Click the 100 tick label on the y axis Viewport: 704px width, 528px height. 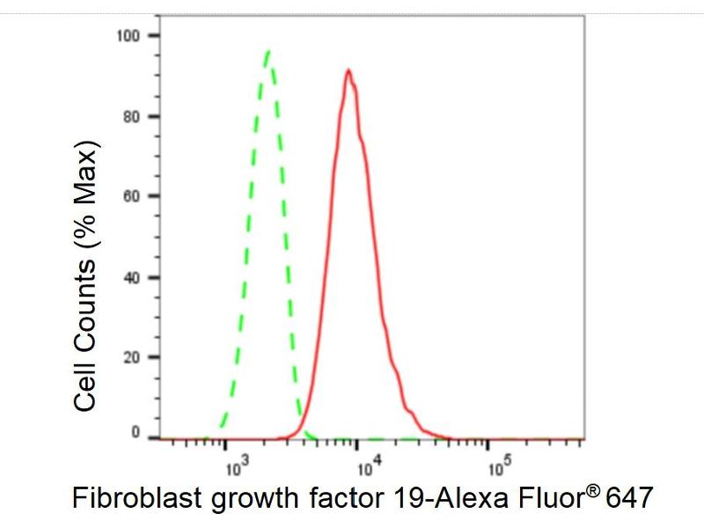pos(128,35)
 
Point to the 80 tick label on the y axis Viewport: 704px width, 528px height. pos(132,117)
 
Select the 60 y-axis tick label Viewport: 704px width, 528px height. pos(132,197)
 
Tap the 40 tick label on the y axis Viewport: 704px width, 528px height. pos(132,278)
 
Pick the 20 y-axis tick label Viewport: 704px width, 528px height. pos(132,358)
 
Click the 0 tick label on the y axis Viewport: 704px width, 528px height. pos(136,433)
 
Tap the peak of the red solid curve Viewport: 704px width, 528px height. pos(348,70)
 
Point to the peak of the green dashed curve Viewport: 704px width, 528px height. pos(268,51)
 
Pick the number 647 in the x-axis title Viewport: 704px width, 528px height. pos(627,499)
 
